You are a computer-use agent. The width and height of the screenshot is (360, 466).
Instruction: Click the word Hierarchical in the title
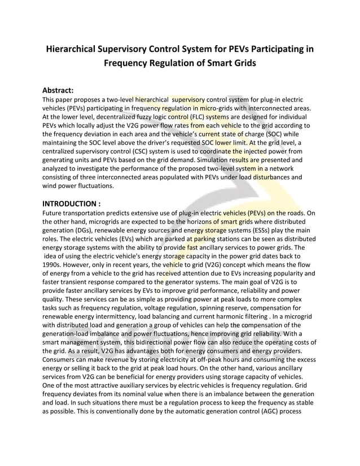[x=77, y=49]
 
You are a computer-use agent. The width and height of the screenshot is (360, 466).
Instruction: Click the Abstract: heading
[x=59, y=89]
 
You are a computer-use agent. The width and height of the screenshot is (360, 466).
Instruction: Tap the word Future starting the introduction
[x=54, y=213]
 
